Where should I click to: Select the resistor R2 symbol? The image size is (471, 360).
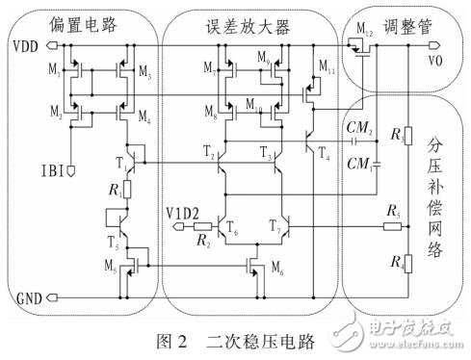pos(203,228)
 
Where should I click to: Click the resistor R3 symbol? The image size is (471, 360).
pos(407,139)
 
